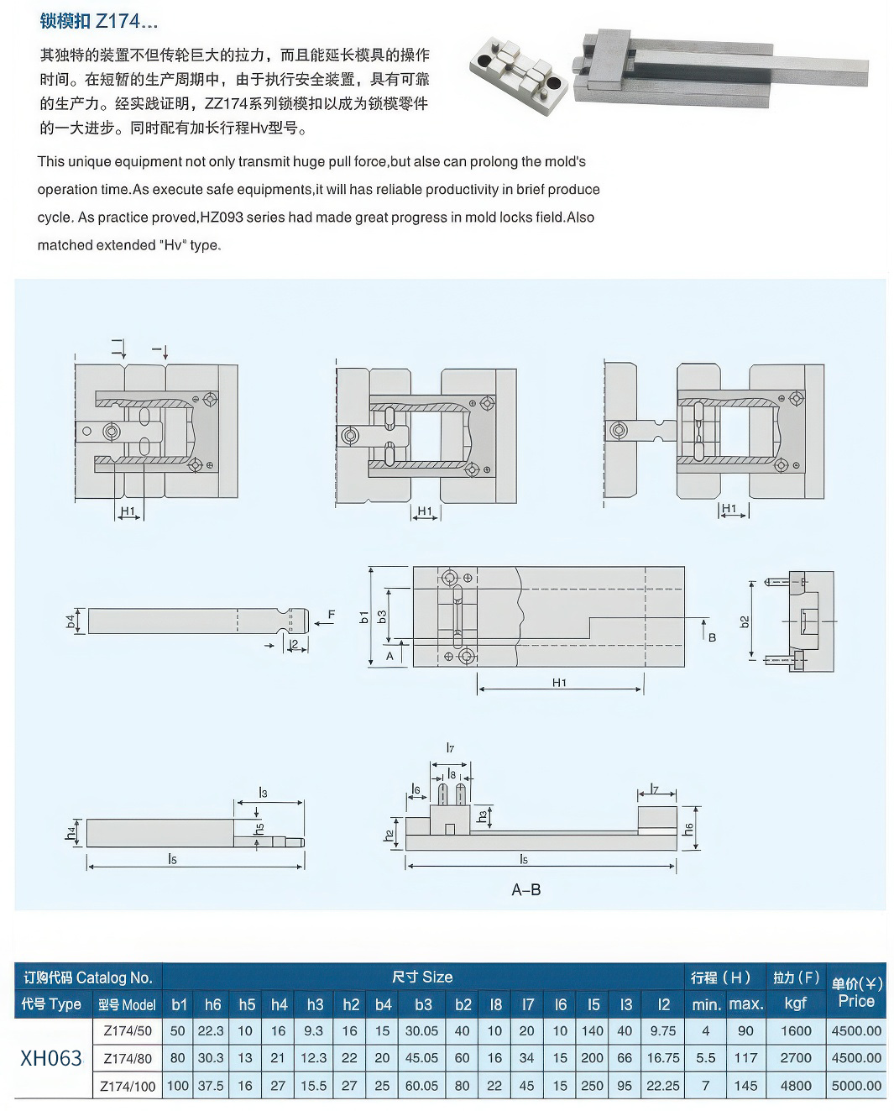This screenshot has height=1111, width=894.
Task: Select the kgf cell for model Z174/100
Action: point(795,1085)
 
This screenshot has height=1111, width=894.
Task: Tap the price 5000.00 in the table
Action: point(856,1085)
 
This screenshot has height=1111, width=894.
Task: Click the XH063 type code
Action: point(50,1057)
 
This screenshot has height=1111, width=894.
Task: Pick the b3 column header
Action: point(423,1004)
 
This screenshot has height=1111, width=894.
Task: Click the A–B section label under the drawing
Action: point(526,889)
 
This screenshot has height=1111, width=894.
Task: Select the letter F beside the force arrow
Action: point(332,615)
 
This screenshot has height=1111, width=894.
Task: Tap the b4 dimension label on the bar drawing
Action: point(71,621)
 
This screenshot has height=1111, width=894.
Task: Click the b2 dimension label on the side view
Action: point(745,621)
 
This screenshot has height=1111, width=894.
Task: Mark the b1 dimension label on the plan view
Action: point(364,616)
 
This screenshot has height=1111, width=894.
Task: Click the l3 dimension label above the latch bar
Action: point(263,792)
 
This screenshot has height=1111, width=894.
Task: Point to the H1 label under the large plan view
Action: point(560,683)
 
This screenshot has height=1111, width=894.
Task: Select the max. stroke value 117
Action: point(745,1058)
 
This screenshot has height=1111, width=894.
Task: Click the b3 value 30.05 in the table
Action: point(421,1031)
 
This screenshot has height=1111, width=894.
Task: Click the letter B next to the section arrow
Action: point(712,637)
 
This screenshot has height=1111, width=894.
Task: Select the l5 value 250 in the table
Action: point(593,1085)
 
